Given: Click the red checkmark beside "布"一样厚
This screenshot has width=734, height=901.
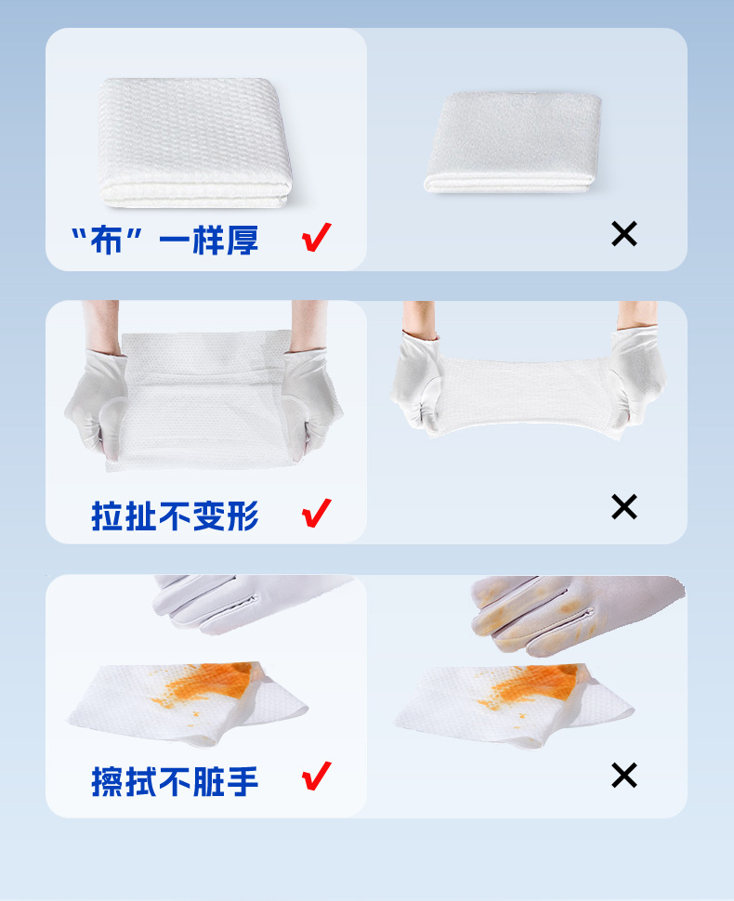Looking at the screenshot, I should [317, 239].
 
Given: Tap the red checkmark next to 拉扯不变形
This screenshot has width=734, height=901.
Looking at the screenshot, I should [317, 512].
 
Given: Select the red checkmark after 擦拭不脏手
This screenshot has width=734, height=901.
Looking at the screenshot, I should [317, 776].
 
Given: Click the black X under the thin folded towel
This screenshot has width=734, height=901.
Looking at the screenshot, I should [624, 234].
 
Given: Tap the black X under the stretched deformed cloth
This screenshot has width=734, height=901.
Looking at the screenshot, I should [624, 506].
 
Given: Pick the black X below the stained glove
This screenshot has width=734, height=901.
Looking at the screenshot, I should [624, 775].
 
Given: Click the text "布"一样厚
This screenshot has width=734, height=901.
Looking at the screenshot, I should [164, 241].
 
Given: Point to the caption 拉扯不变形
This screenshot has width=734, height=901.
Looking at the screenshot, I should [175, 516].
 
